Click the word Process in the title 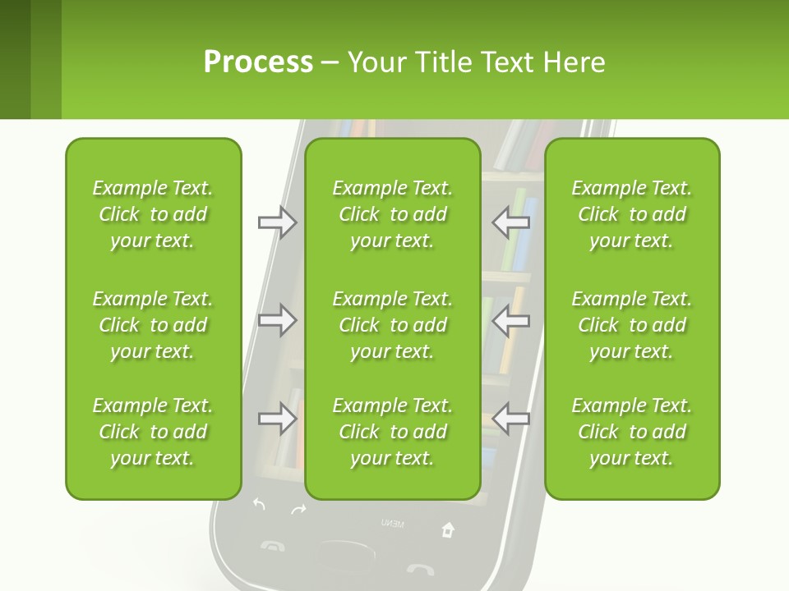click(258, 62)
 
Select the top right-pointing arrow click(277, 222)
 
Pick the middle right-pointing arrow click(277, 319)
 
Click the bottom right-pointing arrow click(277, 419)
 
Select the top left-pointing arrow click(510, 222)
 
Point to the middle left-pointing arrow click(510, 319)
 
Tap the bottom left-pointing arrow click(510, 419)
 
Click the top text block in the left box click(153, 214)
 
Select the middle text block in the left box click(153, 325)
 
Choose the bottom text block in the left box click(153, 432)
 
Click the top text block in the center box click(393, 214)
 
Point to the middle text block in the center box click(393, 325)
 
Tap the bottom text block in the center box click(393, 432)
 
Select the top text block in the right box click(632, 214)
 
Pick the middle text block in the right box click(632, 325)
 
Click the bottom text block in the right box click(632, 432)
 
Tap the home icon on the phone click(448, 529)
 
